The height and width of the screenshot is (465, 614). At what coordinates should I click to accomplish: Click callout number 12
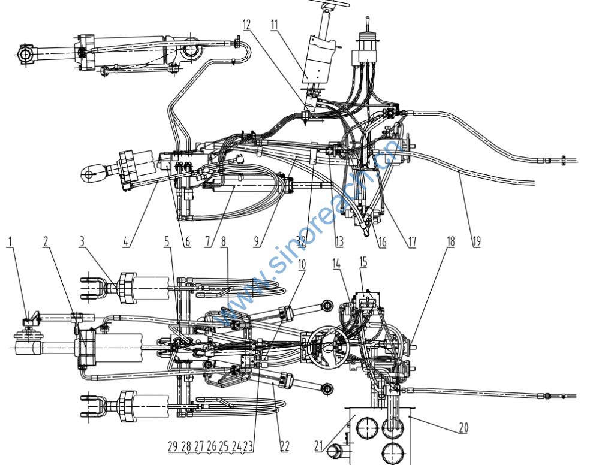(246, 25)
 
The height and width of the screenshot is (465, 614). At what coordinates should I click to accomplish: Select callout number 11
(275, 25)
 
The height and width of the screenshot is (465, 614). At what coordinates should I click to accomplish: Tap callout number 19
(476, 242)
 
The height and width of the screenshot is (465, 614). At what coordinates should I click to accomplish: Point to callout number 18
(451, 242)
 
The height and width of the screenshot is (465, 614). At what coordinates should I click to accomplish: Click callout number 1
(10, 241)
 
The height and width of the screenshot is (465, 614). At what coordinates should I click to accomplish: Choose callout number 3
(82, 242)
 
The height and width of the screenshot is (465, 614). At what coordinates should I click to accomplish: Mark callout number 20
(463, 428)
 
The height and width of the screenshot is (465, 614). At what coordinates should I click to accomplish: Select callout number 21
(318, 445)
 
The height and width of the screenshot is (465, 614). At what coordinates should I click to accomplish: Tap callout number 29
(173, 446)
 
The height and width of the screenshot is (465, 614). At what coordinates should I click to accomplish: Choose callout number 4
(127, 242)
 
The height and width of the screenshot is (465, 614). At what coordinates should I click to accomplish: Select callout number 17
(412, 242)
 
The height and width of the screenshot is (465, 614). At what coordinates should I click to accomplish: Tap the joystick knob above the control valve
(365, 22)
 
